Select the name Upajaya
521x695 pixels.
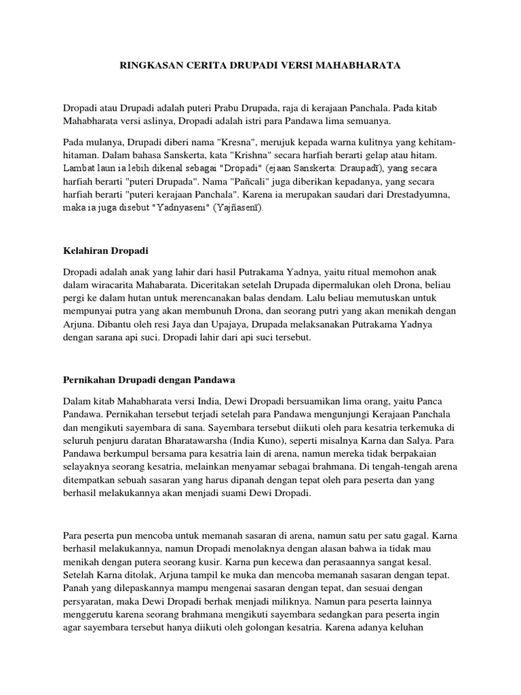point(243,324)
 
